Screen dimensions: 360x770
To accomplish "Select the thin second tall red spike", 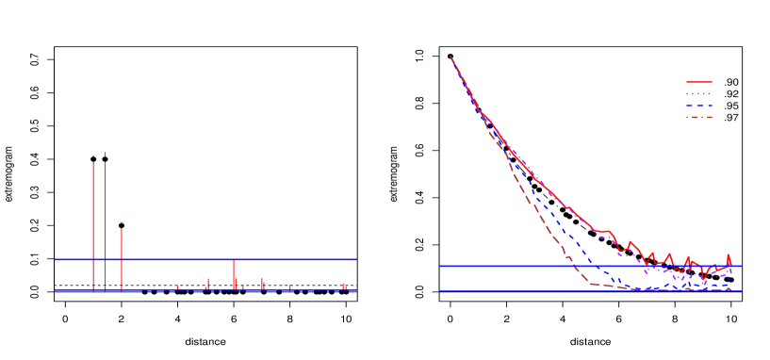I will (x=105, y=217).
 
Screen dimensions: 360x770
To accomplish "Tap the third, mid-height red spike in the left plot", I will (x=121, y=254).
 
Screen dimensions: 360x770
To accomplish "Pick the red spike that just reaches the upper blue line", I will (x=234, y=273).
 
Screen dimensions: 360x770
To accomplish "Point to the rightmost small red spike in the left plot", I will (x=343, y=285).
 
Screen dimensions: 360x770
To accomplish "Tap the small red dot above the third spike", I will (x=121, y=223).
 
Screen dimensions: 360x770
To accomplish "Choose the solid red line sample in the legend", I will (x=698, y=82).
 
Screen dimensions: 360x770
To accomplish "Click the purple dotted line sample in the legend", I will (x=698, y=94).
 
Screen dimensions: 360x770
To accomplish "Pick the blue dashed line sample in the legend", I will (x=698, y=106).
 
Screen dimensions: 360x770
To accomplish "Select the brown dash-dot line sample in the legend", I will (x=698, y=118).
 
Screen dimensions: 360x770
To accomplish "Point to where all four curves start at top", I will (x=451, y=57).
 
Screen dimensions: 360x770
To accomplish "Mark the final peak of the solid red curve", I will (x=729, y=255).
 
